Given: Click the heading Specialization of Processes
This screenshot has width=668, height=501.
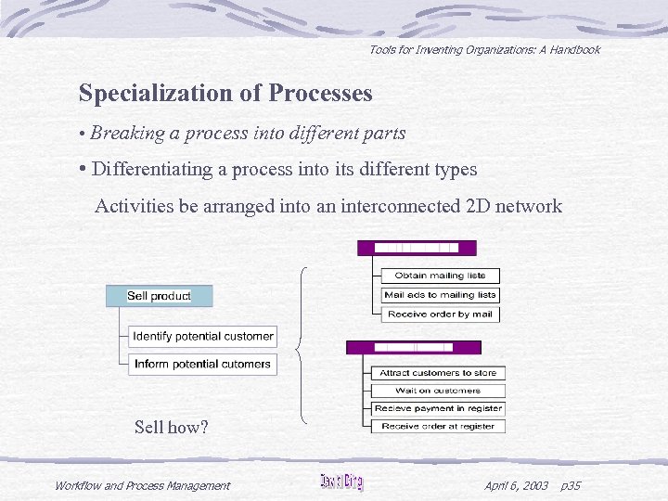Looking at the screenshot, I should click(225, 93).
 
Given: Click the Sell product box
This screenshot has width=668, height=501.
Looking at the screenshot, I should click(159, 296).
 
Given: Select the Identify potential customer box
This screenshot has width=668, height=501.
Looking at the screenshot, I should click(202, 336).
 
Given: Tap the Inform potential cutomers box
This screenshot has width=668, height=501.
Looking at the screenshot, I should click(202, 364).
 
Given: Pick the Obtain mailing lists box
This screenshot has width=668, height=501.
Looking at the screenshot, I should click(440, 276).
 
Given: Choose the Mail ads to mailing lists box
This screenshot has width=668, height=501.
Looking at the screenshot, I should click(440, 295).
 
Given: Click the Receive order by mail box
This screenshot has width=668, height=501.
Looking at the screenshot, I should click(440, 315).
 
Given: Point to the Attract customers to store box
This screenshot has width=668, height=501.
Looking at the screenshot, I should click(438, 373).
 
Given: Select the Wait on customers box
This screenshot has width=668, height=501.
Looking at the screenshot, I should click(438, 391).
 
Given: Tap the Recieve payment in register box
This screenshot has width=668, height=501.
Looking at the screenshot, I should click(438, 408).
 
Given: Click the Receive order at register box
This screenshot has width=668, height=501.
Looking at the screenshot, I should click(438, 426).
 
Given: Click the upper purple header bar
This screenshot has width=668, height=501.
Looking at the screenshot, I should click(417, 248).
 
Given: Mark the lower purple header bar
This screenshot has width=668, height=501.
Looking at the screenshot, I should click(414, 347).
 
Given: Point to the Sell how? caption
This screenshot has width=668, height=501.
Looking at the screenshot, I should click(172, 428).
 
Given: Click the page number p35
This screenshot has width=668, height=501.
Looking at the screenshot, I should click(572, 485).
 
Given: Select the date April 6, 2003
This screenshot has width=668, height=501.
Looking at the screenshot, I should click(516, 485).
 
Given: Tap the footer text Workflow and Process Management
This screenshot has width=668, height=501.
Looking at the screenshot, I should click(142, 485).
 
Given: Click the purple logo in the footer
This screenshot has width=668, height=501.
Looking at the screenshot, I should click(341, 482).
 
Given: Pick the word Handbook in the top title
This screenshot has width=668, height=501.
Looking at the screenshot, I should click(574, 50).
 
